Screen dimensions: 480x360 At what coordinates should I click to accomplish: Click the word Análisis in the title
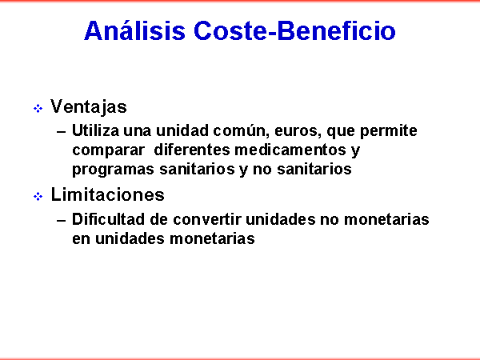click(x=134, y=30)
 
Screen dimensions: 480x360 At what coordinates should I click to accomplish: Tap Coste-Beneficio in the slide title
click(x=294, y=30)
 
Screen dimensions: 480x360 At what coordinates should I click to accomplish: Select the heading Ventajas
click(x=89, y=107)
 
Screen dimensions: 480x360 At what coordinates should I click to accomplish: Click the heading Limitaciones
click(x=107, y=194)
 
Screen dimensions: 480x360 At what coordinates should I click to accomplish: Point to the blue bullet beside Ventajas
click(x=38, y=108)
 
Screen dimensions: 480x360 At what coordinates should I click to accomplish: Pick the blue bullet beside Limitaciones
click(x=38, y=196)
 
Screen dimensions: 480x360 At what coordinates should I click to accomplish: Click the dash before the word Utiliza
click(x=62, y=132)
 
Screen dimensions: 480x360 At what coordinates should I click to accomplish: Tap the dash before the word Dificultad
click(x=62, y=221)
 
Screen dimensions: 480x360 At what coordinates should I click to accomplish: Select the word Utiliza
click(x=95, y=130)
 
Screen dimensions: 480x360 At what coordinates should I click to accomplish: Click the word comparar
click(x=108, y=151)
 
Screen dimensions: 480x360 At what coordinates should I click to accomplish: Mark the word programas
click(x=113, y=170)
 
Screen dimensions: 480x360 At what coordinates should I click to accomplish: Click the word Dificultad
click(x=108, y=219)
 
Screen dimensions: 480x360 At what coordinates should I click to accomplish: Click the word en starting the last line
click(x=81, y=239)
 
